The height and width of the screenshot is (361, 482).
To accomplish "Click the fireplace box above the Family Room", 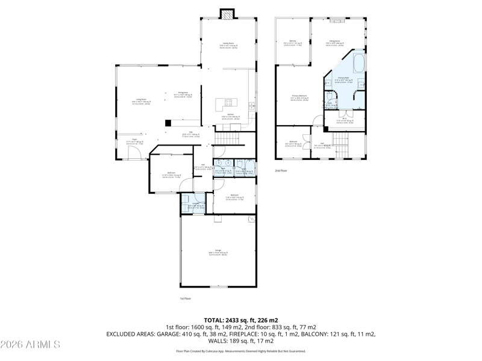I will (227, 14).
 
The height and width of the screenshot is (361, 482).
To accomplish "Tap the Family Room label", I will (228, 44).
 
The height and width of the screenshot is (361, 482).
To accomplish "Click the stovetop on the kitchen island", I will (228, 102).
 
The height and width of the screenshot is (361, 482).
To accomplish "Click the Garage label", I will (218, 251).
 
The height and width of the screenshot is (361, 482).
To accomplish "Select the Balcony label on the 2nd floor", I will (292, 42).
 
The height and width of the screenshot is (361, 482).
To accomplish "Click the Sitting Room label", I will (335, 42).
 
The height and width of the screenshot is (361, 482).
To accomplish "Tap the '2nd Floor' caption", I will (281, 171).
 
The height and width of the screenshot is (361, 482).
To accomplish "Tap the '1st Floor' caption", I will (185, 298).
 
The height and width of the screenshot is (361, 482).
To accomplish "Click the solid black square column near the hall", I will (168, 123).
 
